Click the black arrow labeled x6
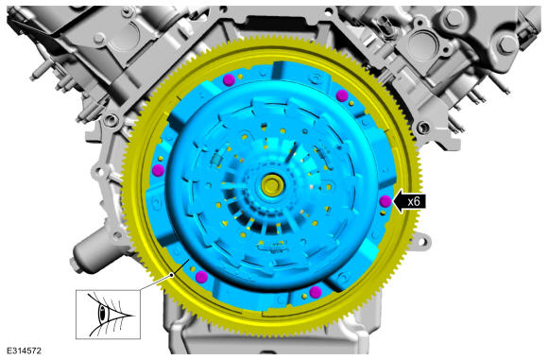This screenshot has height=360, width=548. tap(409, 201)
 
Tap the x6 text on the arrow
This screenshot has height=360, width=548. tap(414, 201)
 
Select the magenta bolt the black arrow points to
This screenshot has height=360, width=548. tap(385, 201)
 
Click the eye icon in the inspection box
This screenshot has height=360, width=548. tap(109, 315)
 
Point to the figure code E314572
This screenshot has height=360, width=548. tap(25, 351)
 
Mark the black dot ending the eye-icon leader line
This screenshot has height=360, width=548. tap(172, 275)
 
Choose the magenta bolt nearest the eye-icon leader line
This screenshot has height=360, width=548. tap(201, 277)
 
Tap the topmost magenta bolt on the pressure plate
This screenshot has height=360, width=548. tap(229, 79)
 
